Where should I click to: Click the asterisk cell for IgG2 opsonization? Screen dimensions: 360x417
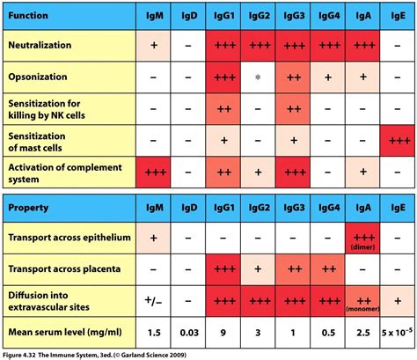tap(260, 77)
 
